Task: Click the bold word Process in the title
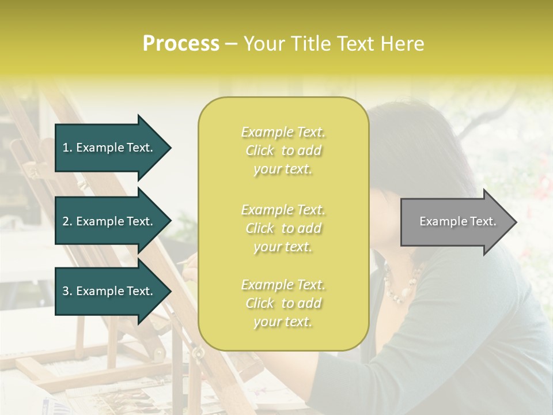[181, 44]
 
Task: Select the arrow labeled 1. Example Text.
[109, 148]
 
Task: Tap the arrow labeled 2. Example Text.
[109, 221]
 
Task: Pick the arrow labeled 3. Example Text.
[109, 291]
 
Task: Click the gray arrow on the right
[455, 222]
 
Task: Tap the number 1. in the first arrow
[67, 148]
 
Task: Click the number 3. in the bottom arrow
[67, 291]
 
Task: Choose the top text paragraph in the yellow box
[283, 150]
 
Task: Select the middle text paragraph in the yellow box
[283, 228]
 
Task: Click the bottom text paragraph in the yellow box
[283, 303]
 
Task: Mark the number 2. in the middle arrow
[67, 221]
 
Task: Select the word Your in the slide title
[262, 44]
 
